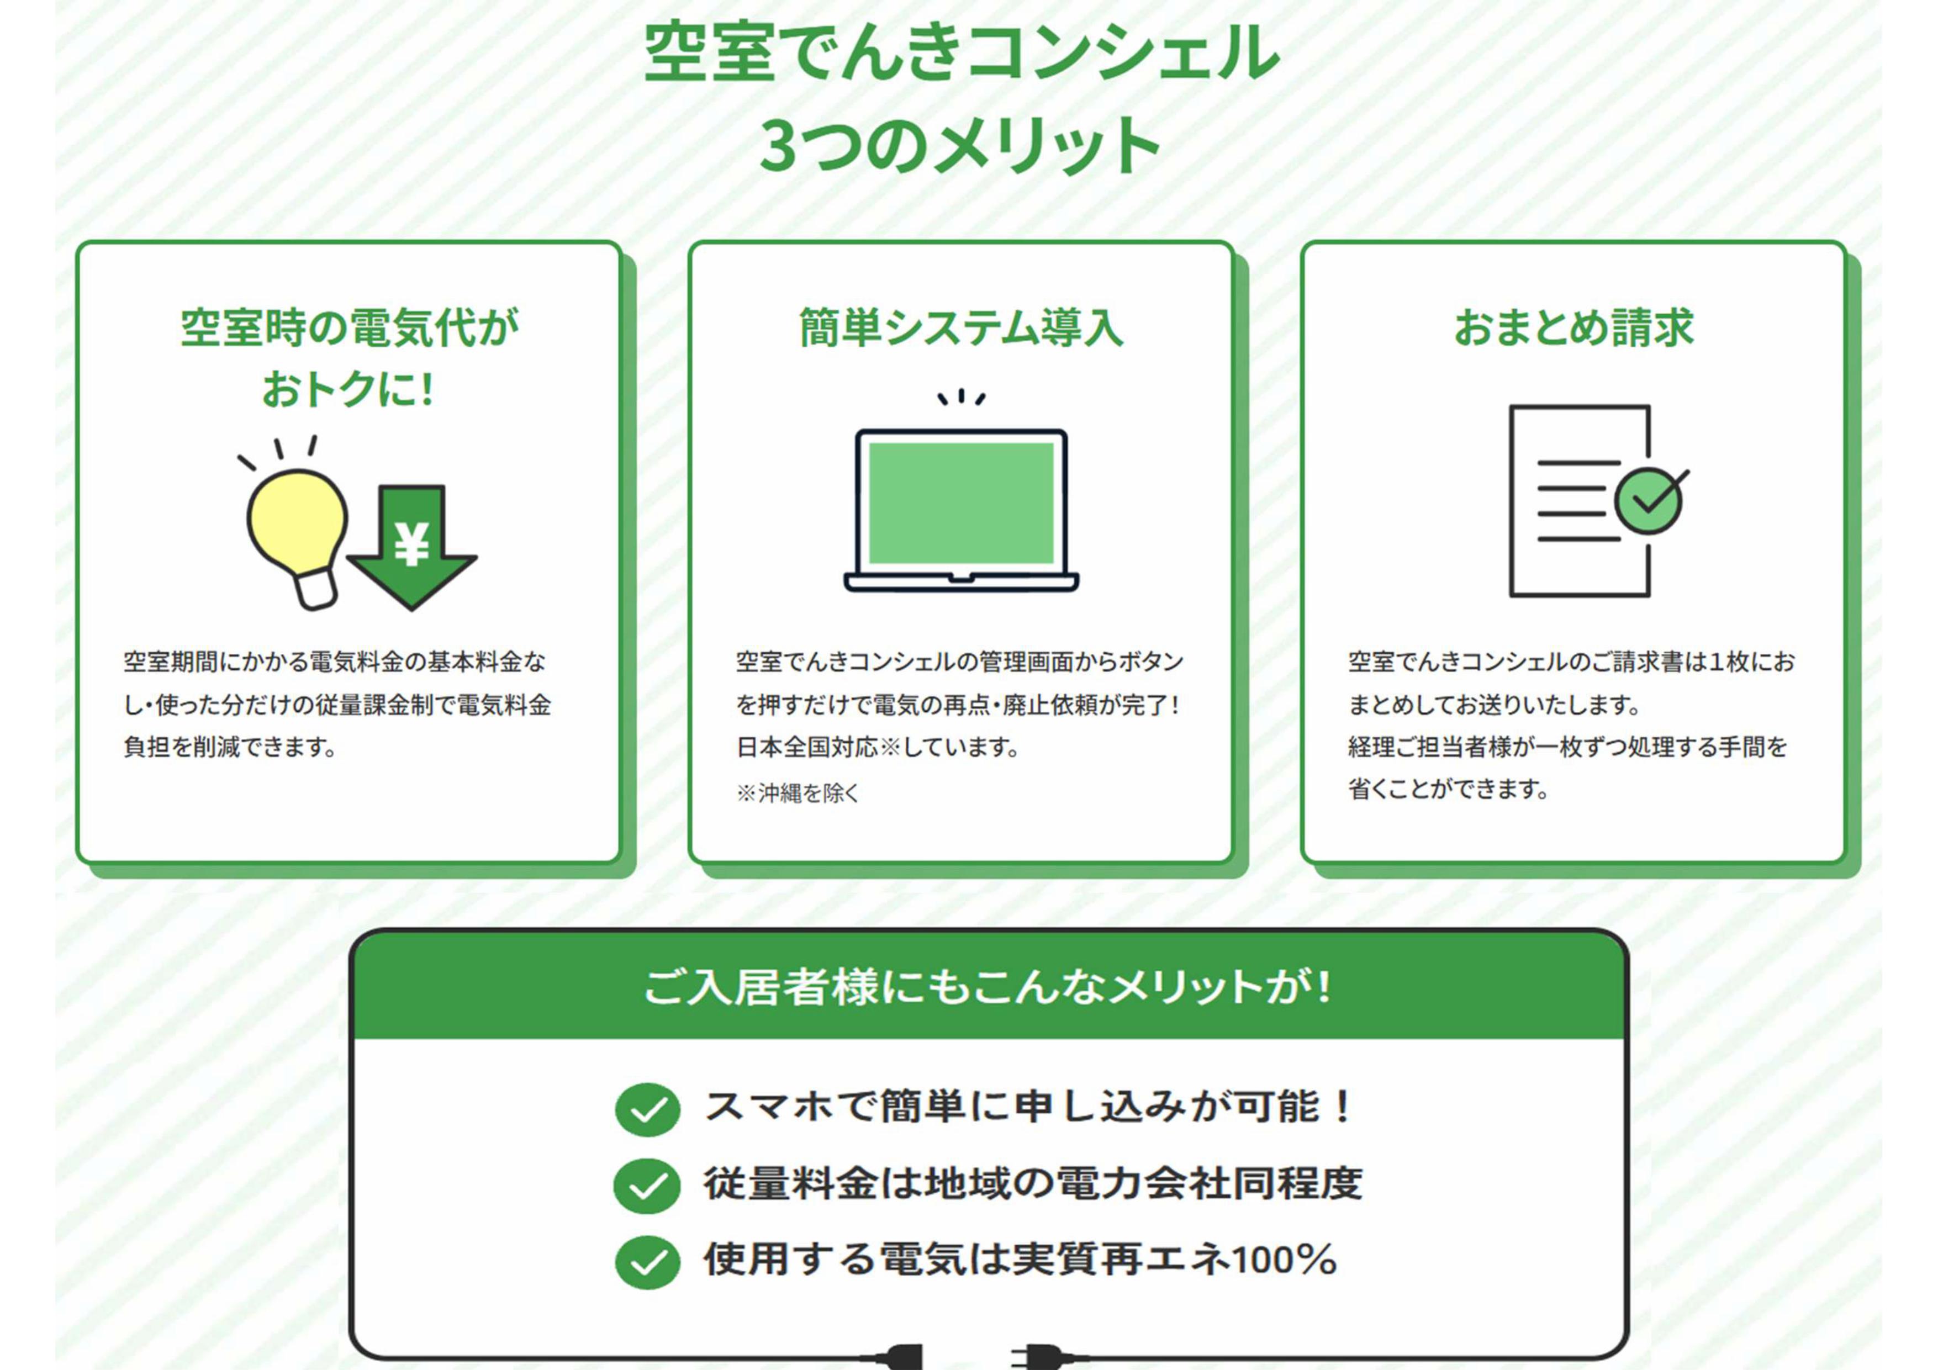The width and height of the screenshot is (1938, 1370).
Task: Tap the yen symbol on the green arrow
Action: [412, 543]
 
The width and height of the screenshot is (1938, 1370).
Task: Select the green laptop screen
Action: [962, 503]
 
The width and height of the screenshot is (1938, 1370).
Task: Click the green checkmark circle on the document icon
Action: [1649, 500]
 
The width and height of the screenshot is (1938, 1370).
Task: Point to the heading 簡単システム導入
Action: [962, 327]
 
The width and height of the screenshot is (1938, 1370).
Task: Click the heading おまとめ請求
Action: [1573, 327]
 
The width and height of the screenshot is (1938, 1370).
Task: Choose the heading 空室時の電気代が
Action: [350, 327]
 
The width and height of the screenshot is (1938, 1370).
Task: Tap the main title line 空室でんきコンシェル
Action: [962, 52]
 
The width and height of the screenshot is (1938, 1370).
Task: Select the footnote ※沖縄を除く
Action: [798, 792]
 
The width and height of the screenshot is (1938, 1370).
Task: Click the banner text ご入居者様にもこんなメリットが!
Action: [988, 986]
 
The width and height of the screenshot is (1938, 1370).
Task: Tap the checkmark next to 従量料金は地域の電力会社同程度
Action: [647, 1186]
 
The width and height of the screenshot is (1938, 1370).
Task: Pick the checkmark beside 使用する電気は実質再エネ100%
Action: [647, 1262]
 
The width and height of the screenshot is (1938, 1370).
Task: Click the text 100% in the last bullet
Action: [1284, 1260]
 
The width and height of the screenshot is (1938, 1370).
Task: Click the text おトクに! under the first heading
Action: [348, 389]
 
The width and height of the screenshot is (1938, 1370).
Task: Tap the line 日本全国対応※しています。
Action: [878, 747]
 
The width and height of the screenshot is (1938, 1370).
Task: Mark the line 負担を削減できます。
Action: [230, 747]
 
